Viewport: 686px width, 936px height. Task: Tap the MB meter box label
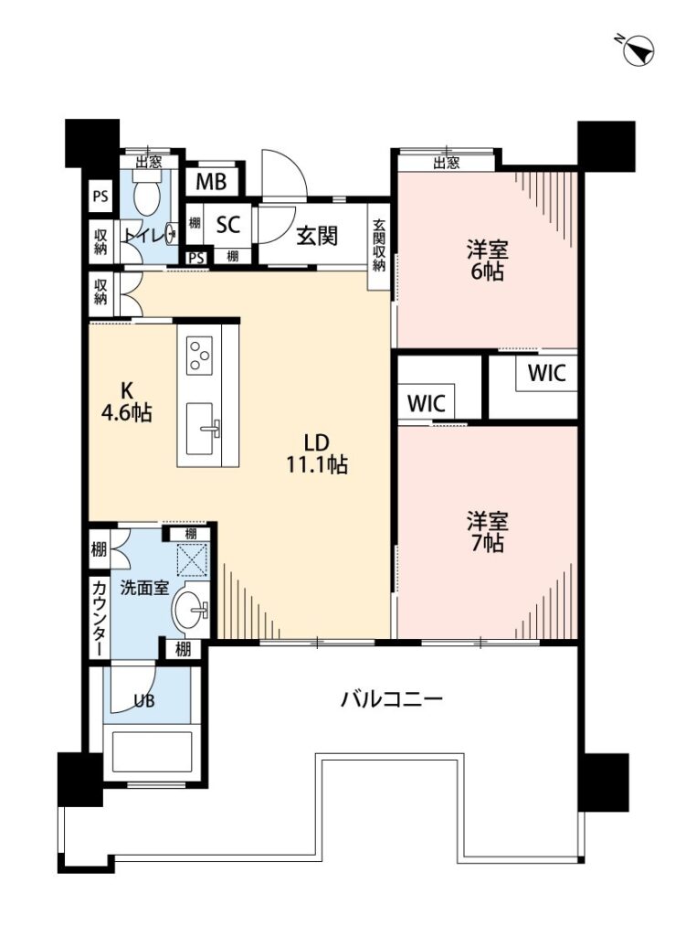211,181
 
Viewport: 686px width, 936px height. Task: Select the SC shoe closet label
227,225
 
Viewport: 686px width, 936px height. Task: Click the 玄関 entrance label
317,236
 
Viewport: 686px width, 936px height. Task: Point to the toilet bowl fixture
147,191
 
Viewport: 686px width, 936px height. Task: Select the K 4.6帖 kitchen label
126,402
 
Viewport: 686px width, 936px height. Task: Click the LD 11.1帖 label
317,453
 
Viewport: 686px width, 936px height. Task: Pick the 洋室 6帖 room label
487,260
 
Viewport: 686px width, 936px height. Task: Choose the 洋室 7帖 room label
488,532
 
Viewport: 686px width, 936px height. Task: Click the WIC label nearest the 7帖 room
426,403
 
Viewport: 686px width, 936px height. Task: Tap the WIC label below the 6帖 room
546,373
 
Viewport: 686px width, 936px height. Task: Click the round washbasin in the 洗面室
190,610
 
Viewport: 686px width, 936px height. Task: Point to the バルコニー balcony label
392,697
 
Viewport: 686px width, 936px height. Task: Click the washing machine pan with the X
192,558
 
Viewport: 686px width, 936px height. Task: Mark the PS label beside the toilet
100,196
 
